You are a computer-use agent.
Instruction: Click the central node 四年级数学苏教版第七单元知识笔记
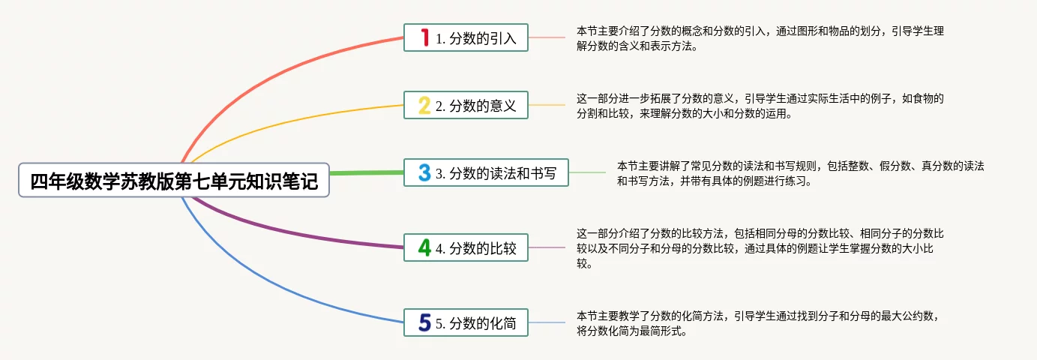(x=174, y=180)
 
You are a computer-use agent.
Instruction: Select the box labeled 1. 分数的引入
(x=466, y=37)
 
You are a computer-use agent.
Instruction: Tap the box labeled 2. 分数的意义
(x=466, y=105)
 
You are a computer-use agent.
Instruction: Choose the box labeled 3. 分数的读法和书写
(x=486, y=172)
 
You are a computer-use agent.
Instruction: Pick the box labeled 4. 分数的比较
(x=466, y=247)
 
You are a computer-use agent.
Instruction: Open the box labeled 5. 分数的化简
(x=466, y=322)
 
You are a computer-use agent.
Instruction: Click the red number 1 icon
(x=424, y=37)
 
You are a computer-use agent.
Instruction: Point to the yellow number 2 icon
(x=424, y=105)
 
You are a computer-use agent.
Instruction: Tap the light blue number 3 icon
(x=424, y=172)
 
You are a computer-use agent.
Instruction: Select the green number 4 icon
(x=424, y=247)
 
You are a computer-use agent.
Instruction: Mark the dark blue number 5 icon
(x=424, y=322)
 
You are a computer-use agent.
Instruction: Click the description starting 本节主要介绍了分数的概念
(x=760, y=38)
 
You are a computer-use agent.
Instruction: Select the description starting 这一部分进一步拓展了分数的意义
(x=760, y=106)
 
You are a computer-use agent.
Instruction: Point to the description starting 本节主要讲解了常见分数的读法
(x=801, y=173)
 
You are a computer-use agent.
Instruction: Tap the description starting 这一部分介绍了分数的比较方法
(x=760, y=248)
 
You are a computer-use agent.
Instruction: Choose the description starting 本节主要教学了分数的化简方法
(x=758, y=323)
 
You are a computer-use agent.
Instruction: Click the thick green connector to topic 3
(x=367, y=172)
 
